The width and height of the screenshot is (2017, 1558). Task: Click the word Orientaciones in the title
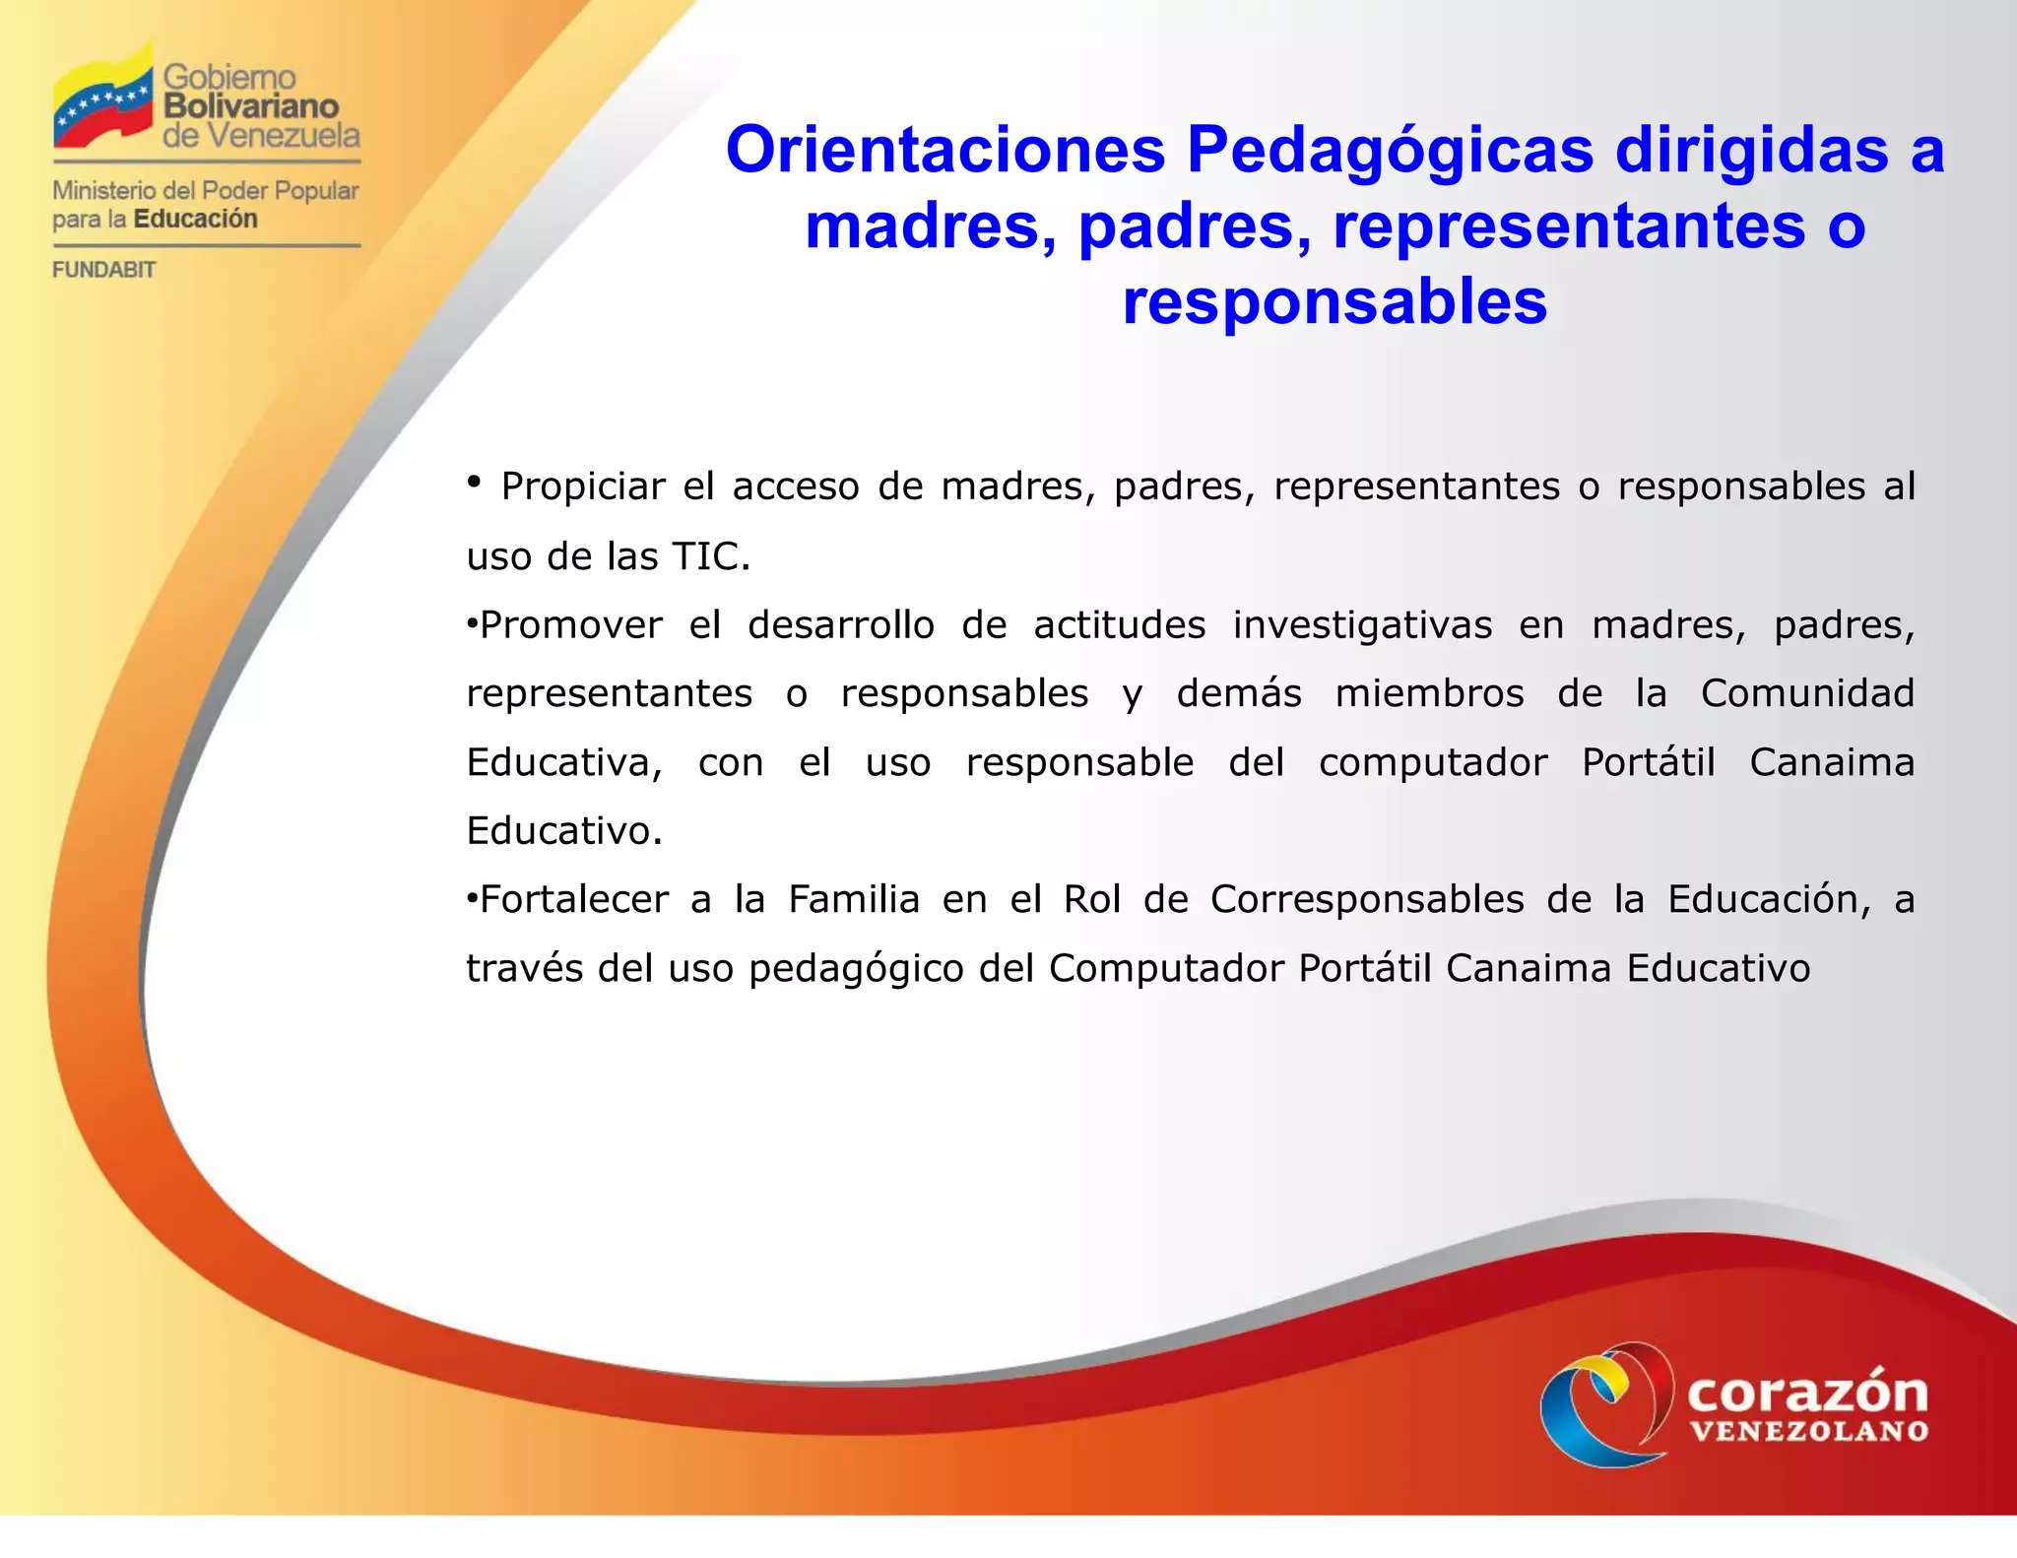[x=944, y=151]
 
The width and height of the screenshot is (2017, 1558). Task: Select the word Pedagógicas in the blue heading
[x=1390, y=151]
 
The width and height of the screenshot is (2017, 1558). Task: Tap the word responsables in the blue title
[x=1334, y=301]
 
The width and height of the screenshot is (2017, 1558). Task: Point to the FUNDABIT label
[x=103, y=270]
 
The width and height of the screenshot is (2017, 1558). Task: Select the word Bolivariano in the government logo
[x=251, y=105]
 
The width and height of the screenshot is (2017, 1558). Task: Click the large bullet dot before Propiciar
[x=474, y=481]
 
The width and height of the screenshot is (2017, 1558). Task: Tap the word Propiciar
[x=583, y=487]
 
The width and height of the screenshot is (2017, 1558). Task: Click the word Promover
[x=570, y=625]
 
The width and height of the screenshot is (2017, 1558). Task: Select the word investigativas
[x=1362, y=625]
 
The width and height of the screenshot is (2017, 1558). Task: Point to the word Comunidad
[x=1806, y=693]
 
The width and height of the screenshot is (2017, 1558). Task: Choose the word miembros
[x=1429, y=693]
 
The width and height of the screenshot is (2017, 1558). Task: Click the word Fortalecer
[x=574, y=900]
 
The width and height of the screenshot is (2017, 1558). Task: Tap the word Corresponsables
[x=1366, y=900]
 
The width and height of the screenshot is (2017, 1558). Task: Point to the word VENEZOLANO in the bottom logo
[x=1809, y=1432]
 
